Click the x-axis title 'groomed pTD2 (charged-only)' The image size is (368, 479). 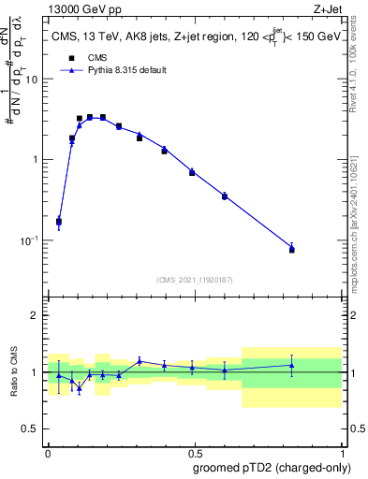pos(272,468)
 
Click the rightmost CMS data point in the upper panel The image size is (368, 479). pos(292,250)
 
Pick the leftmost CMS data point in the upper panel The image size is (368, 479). pos(59,222)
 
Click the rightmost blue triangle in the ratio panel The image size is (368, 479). pos(292,366)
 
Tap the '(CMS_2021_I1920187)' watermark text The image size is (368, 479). pos(194,279)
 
